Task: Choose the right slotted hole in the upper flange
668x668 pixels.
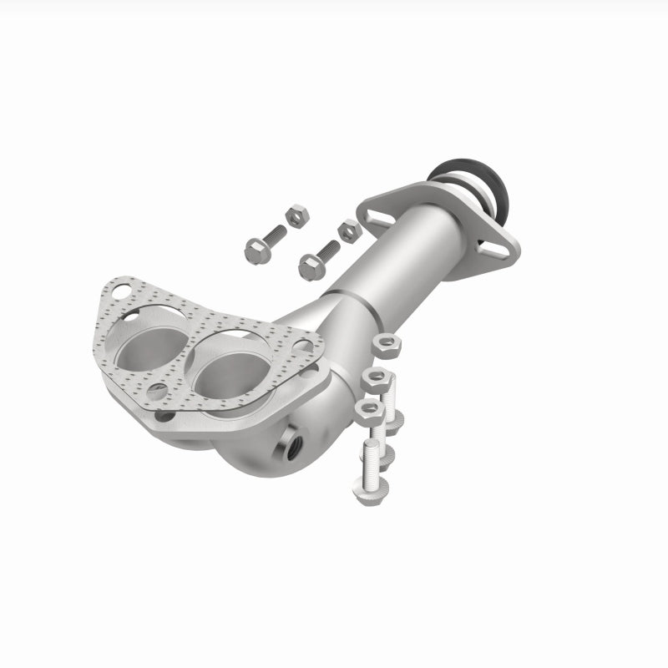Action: click(485, 246)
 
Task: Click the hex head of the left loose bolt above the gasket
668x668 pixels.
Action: click(254, 247)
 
